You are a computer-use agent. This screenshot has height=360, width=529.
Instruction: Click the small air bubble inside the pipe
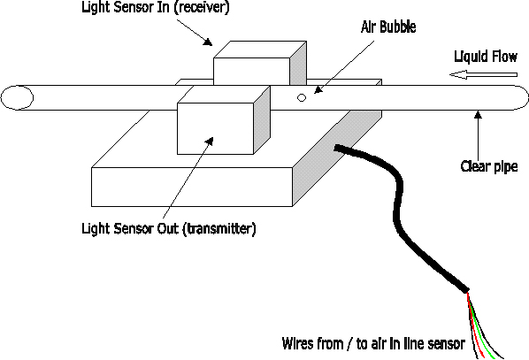302,98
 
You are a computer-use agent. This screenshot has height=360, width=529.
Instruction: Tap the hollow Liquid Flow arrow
483,75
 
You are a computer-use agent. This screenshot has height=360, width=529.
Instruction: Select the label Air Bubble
388,27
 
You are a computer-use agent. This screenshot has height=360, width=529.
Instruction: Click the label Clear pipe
489,166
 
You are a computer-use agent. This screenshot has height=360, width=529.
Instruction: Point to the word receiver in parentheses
202,7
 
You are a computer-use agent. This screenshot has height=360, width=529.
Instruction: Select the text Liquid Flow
486,57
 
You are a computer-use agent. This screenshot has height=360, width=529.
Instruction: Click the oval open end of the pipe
17,97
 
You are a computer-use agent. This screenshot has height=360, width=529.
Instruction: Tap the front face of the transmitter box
215,128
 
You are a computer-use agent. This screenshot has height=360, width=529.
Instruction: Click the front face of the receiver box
252,71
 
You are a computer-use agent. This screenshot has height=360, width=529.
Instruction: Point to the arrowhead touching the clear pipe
478,115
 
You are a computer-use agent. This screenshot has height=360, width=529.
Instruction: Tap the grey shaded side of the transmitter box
262,119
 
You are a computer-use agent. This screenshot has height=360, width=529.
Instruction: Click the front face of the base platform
192,187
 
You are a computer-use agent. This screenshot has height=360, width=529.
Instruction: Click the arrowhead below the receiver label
208,42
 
